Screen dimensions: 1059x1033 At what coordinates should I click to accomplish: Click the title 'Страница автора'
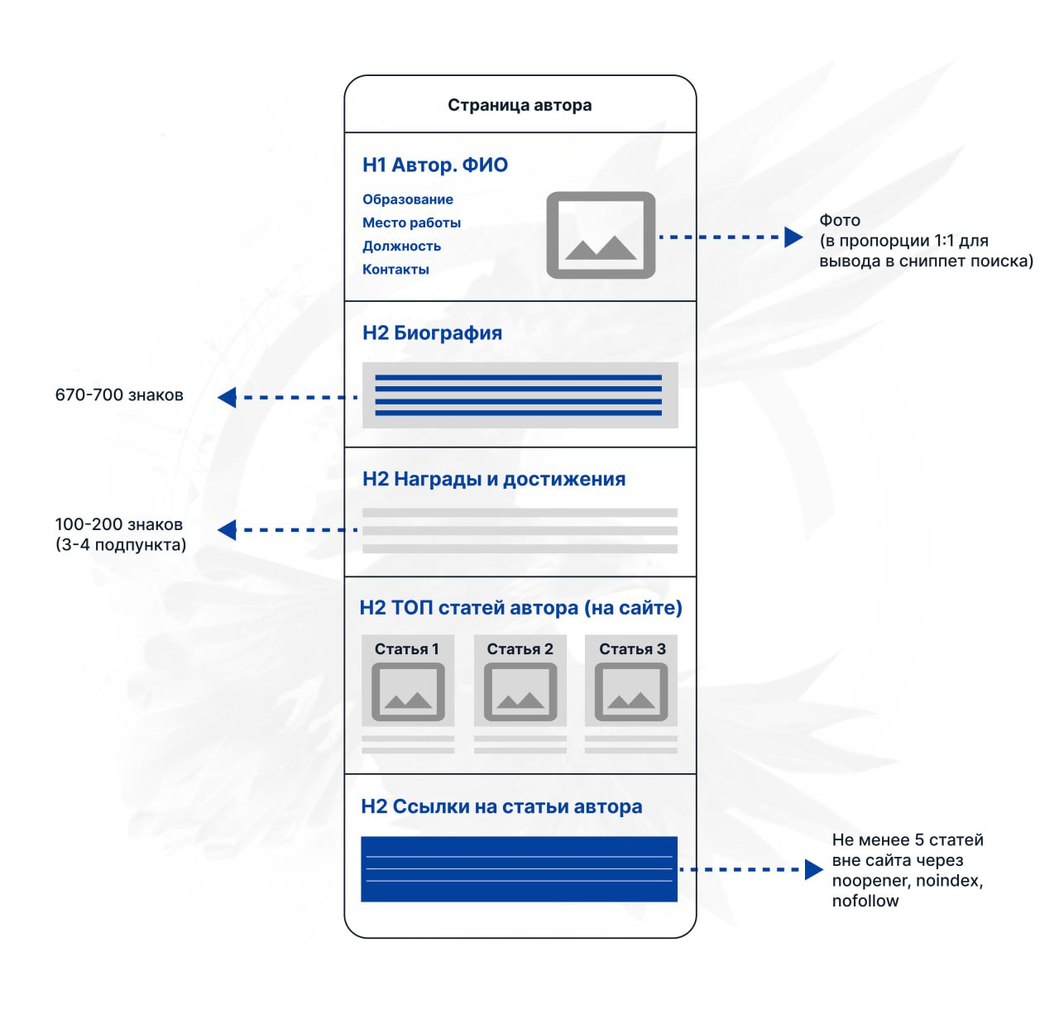pos(520,106)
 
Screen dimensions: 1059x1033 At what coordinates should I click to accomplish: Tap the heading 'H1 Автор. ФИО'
pos(435,165)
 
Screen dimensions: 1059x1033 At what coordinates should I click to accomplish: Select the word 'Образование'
pos(408,199)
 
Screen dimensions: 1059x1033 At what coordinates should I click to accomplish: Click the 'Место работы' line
pos(411,223)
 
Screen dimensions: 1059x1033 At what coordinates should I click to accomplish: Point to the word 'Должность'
pos(401,246)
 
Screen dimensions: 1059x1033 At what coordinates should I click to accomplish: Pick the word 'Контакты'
pos(395,270)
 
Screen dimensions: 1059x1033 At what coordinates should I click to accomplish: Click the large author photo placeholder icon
pos(601,235)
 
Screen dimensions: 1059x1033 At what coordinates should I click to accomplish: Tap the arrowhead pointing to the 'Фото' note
pos(793,237)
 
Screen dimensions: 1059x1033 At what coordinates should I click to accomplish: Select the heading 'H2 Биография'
pos(432,333)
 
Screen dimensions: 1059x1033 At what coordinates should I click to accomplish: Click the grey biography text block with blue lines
pos(520,395)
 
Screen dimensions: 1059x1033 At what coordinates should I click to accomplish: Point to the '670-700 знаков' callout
pos(119,395)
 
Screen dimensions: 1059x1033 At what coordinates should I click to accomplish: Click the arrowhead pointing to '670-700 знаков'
pos(227,398)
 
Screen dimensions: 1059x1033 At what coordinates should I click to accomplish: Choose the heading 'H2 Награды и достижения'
pos(494,479)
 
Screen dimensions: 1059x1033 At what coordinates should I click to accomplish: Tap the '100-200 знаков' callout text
pos(118,524)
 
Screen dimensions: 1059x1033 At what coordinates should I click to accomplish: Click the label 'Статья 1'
pos(406,649)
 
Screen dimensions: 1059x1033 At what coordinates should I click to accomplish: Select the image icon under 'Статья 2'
pos(520,692)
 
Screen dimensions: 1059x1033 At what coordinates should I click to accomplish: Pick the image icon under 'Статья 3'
pos(631,692)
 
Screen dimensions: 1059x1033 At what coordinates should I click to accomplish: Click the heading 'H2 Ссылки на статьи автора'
pos(501,806)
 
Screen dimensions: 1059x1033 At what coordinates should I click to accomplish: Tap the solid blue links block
pos(520,869)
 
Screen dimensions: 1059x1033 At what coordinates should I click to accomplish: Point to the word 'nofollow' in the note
pos(865,901)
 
